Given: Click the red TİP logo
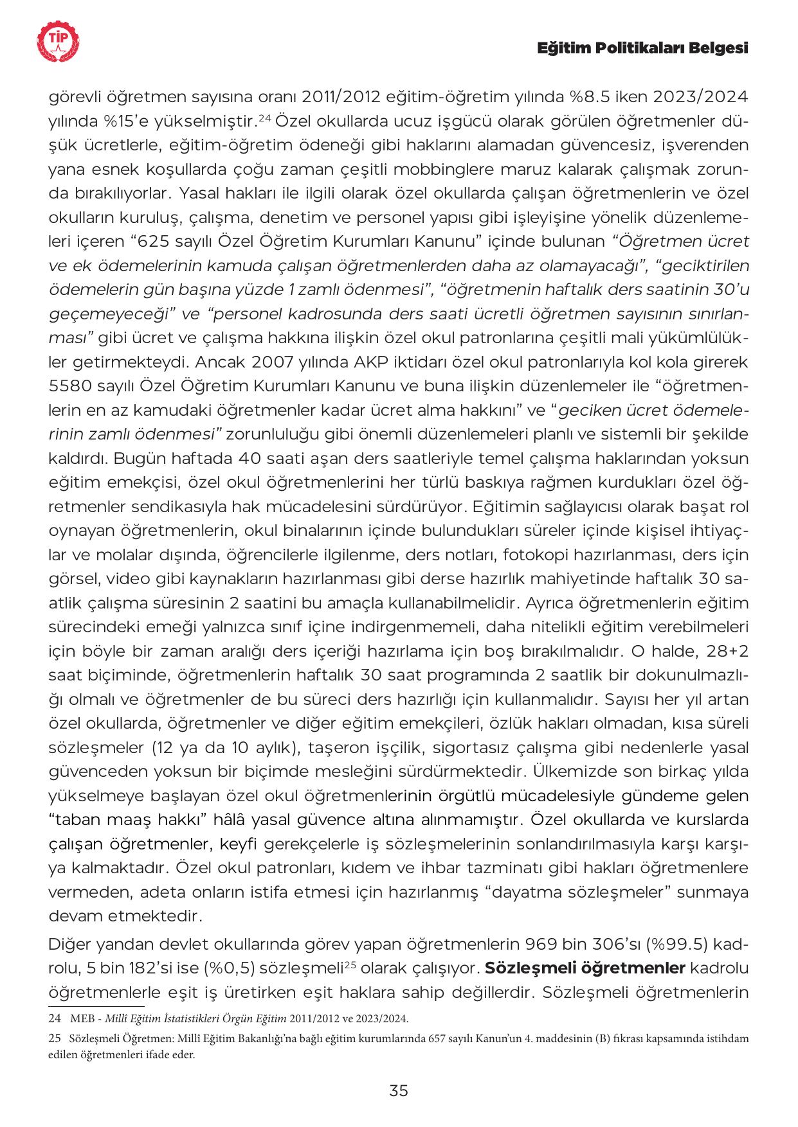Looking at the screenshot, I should click(x=59, y=42).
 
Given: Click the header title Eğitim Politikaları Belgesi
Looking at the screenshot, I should click(x=642, y=49).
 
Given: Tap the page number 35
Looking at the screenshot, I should click(x=399, y=1091).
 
